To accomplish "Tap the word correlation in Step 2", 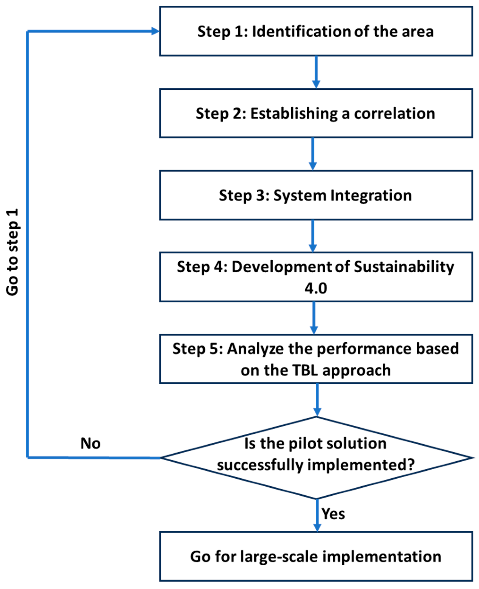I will pyautogui.click(x=394, y=113).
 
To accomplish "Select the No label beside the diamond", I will pyautogui.click(x=90, y=444).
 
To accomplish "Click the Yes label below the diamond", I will pyautogui.click(x=333, y=514).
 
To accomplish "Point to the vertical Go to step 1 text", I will pyautogui.click(x=13, y=252).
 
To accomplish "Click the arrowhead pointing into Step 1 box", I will pyautogui.click(x=155, y=31).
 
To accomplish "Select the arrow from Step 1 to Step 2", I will pyautogui.click(x=316, y=72).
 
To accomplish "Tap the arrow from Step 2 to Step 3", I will pyautogui.click(x=313, y=154).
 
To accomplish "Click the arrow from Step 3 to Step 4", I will pyautogui.click(x=313, y=236).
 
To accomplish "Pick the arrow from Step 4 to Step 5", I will pyautogui.click(x=314, y=318).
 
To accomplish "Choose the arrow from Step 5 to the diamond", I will pyautogui.click(x=317, y=400).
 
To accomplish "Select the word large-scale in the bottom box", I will pyautogui.click(x=279, y=556).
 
